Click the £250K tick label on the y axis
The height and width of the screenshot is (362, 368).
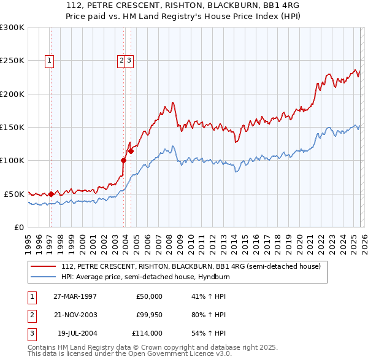tap(12, 61)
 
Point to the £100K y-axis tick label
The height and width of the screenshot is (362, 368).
tap(12, 161)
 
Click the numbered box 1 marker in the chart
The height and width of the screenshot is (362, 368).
tap(49, 60)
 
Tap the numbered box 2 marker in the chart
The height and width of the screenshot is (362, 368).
tap(122, 60)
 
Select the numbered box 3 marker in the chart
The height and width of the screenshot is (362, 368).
tap(131, 60)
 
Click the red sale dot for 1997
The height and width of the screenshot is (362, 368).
tap(51, 194)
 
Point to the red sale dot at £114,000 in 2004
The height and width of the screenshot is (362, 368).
tap(131, 151)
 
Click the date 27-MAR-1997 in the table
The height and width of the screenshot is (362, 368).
tap(75, 296)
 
